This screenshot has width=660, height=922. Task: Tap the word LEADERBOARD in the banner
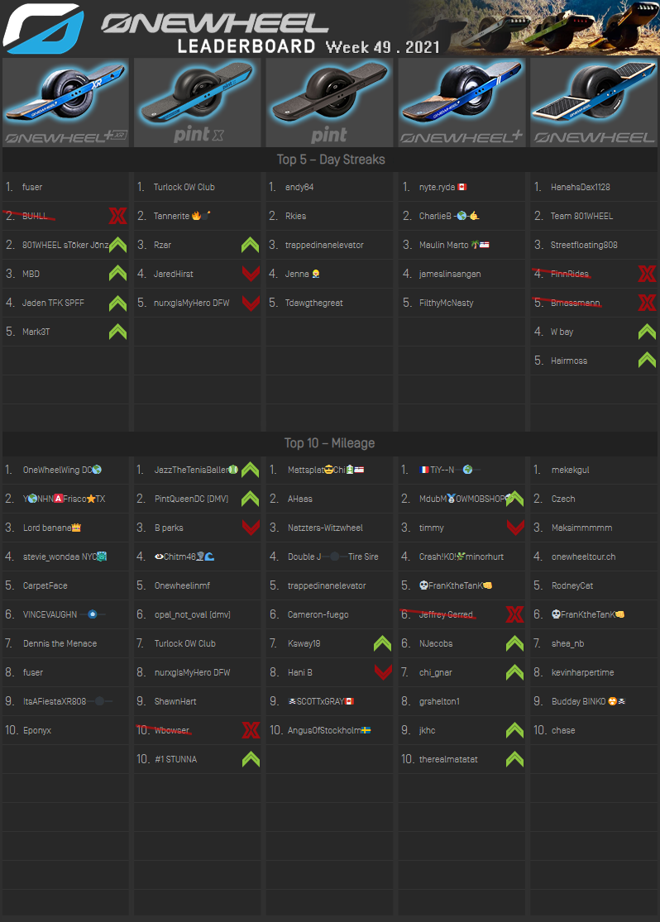coord(246,46)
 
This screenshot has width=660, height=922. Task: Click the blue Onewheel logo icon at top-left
coord(42,28)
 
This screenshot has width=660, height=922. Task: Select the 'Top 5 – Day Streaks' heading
coord(330,159)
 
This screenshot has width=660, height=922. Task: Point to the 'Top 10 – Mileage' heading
coord(329,443)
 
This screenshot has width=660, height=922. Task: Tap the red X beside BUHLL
coord(117,217)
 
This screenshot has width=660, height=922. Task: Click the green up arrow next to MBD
coord(117,274)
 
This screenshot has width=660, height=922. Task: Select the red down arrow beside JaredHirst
coord(250,274)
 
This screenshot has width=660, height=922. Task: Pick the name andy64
coord(299,188)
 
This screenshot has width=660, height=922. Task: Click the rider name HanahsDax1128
coord(580,188)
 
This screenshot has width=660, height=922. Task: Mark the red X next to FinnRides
coord(647,274)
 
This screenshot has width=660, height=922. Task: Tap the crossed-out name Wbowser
coord(172,730)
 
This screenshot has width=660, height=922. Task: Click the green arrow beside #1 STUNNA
coord(250,759)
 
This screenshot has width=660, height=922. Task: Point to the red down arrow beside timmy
coord(514,528)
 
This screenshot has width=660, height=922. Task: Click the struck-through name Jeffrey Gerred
coord(447,614)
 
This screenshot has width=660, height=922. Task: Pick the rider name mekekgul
coord(570,470)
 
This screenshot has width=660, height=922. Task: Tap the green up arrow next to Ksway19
coord(382,643)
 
